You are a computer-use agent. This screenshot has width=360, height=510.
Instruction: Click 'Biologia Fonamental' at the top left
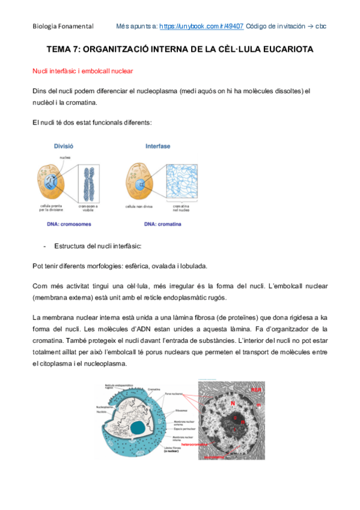pyautogui.click(x=63, y=26)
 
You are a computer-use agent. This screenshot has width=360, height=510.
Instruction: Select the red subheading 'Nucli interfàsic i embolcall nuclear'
pyautogui.click(x=82, y=71)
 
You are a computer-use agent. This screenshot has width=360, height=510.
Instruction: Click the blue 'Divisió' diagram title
pyautogui.click(x=64, y=146)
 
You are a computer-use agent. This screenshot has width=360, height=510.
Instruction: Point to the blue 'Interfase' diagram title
pyautogui.click(x=157, y=146)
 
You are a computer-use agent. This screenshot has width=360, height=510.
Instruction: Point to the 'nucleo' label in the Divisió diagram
pyautogui.click(x=66, y=158)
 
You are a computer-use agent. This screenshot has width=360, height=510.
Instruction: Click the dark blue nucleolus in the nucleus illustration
pyautogui.click(x=139, y=428)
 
